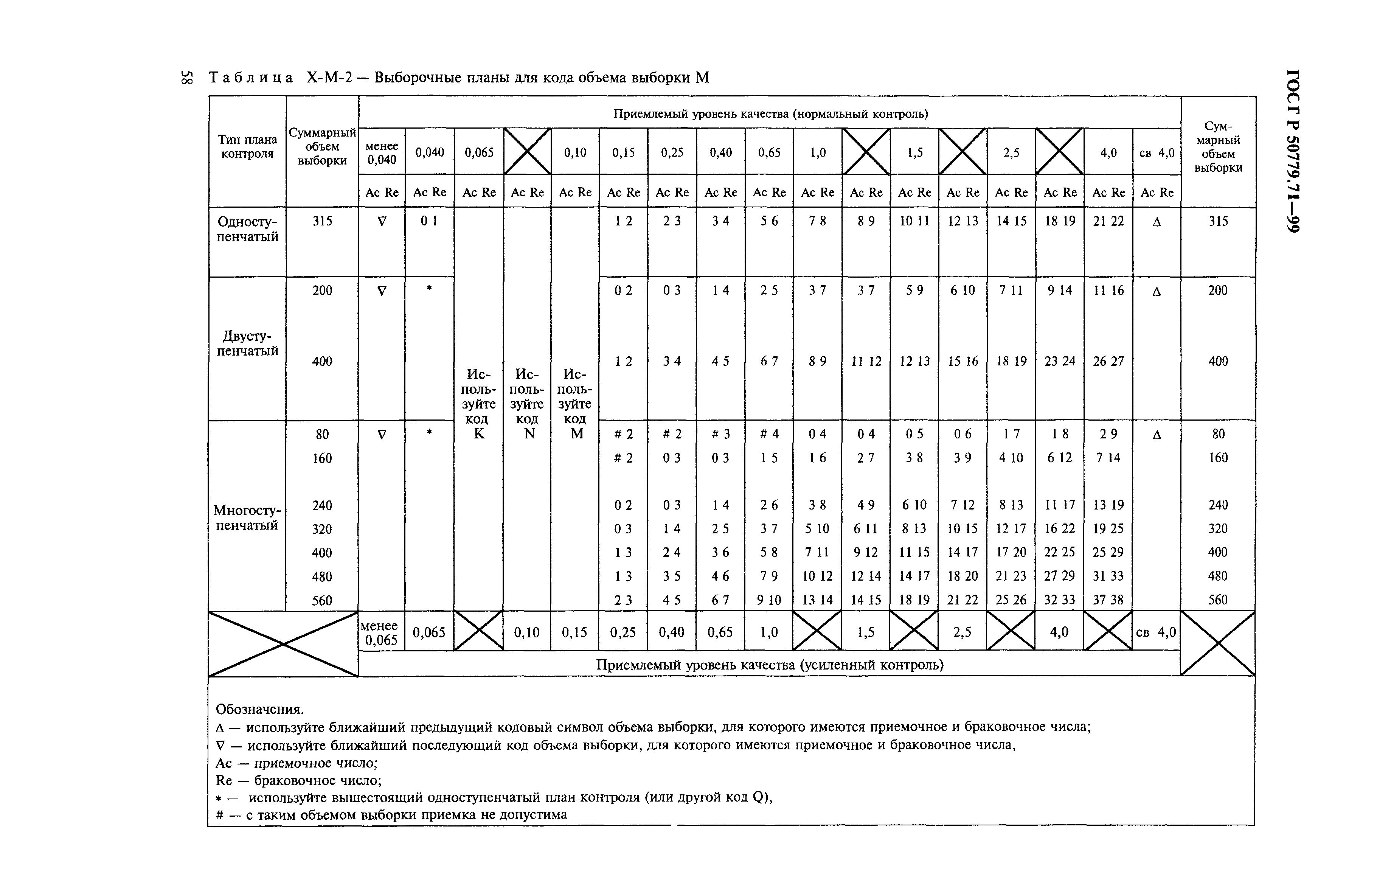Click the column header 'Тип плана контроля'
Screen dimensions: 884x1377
(247, 146)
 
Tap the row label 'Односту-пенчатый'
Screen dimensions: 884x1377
(247, 229)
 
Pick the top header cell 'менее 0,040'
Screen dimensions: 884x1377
(382, 153)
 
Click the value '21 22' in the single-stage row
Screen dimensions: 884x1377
(1108, 221)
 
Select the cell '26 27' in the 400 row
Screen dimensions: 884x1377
(1108, 361)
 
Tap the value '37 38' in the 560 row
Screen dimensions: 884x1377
(1108, 600)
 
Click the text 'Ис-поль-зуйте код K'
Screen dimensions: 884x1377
(478, 404)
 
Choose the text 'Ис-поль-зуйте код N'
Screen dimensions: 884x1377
(527, 404)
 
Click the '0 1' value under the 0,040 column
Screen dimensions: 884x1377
(429, 221)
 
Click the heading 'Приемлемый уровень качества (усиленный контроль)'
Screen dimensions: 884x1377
(769, 665)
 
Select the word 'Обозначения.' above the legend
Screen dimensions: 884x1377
(259, 710)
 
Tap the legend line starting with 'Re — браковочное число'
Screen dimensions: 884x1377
(298, 781)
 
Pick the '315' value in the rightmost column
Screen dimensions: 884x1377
(1217, 221)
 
